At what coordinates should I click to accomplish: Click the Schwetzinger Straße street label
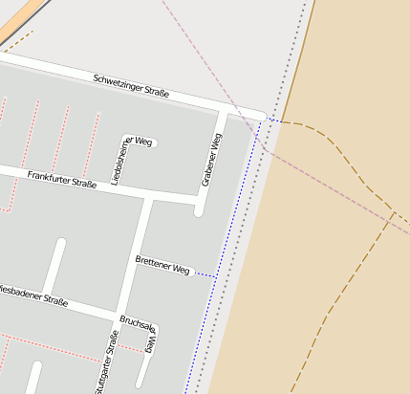click(x=131, y=86)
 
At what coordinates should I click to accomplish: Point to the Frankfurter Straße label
click(x=62, y=178)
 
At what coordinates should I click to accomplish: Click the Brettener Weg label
click(x=162, y=265)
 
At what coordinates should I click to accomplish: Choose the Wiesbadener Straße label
click(x=34, y=295)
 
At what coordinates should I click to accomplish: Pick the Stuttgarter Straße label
click(x=107, y=361)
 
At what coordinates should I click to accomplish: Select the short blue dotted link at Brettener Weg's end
click(x=205, y=275)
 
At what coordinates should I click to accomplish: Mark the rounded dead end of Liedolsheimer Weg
click(x=153, y=142)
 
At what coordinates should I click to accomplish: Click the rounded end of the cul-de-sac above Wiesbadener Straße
click(x=60, y=245)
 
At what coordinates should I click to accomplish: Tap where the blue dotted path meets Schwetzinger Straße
click(x=261, y=120)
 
